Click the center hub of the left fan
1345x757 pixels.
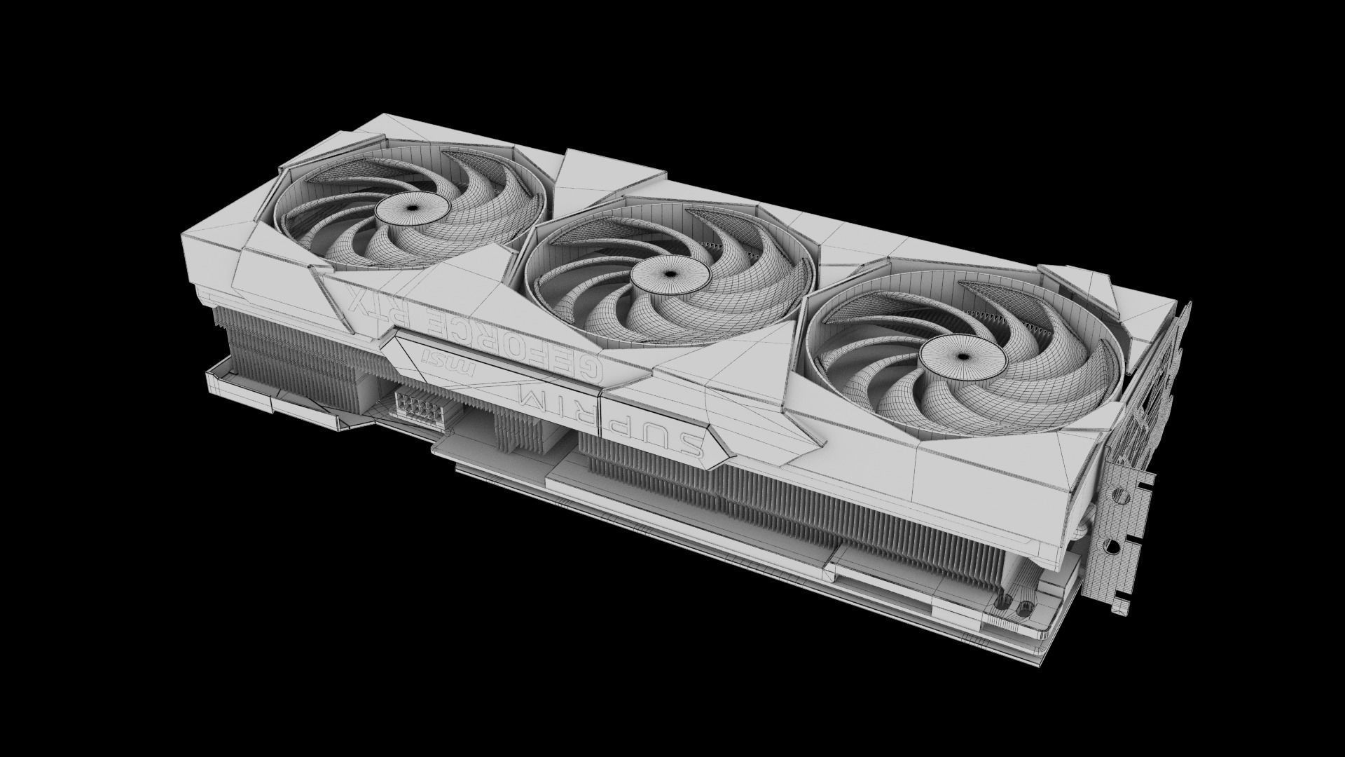[412, 208]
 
